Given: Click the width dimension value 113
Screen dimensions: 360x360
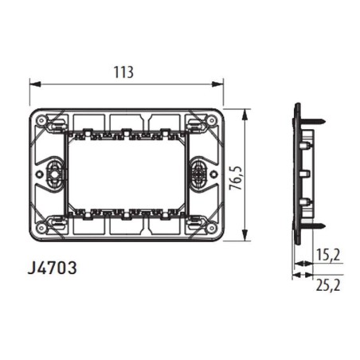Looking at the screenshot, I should (121, 71).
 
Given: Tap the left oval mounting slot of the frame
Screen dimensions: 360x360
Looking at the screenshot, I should (54, 172).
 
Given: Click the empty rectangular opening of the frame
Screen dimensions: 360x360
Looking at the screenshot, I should (127, 173).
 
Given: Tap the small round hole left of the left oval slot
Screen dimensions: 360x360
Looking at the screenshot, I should (37, 172).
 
